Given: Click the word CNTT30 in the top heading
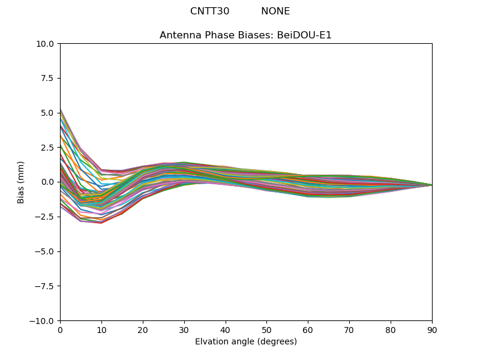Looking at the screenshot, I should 209,11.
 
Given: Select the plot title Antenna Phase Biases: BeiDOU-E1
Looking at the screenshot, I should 245,35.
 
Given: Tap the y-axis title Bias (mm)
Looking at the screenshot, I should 21,182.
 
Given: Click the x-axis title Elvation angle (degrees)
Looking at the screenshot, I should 245,342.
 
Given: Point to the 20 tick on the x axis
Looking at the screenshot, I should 143,329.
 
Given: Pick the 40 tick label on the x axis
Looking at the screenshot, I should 226,329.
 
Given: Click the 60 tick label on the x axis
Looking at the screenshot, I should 308,329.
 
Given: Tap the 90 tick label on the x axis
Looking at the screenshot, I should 432,329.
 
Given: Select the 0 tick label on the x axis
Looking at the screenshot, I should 60,329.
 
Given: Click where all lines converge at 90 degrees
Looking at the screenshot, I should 431,185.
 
